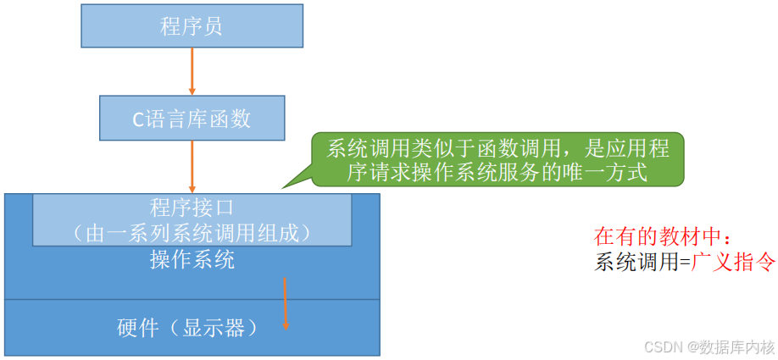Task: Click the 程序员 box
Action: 192,25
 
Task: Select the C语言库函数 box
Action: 192,118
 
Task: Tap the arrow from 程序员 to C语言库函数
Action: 192,71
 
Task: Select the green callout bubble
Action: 497,160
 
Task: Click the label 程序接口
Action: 192,207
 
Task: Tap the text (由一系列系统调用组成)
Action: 192,230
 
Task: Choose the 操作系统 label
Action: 192,259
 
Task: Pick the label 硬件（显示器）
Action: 187,328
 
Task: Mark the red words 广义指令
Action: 734,262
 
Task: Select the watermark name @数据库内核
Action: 731,347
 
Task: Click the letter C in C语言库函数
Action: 138,119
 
